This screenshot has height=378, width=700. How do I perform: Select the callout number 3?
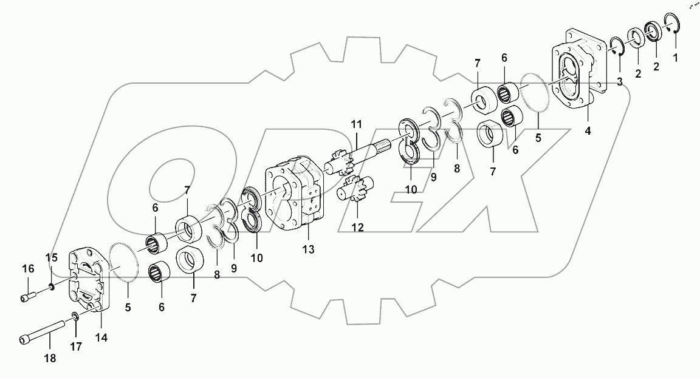click(x=618, y=82)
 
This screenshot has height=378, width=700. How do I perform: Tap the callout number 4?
click(x=587, y=130)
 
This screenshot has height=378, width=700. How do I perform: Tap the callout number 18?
click(x=50, y=359)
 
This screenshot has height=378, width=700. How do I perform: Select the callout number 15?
click(x=51, y=257)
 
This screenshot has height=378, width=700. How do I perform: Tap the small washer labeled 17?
click(x=75, y=316)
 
